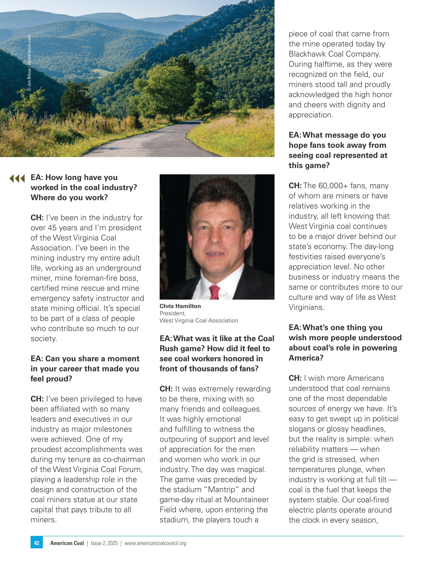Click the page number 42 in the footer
pos(37,543)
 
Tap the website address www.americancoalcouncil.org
pos(155,543)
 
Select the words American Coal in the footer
pos(67,543)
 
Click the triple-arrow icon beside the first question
pos(17,178)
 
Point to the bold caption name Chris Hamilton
pos(180,306)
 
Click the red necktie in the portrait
pos(214,292)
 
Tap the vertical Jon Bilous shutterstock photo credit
pos(29,63)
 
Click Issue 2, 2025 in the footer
pos(104,543)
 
